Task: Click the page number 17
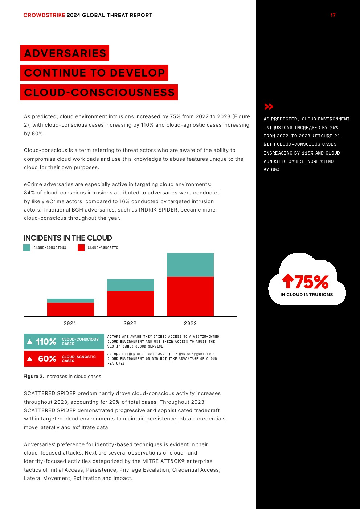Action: coord(333,15)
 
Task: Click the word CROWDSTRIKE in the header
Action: coord(44,15)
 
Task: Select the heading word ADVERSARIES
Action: coord(65,53)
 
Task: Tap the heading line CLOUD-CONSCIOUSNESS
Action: coord(99,93)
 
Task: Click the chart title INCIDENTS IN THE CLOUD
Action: coord(67,238)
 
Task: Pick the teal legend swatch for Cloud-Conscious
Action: coord(26,247)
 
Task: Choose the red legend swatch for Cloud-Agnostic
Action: coord(81,247)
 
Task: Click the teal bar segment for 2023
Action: coord(190,265)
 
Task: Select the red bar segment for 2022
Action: coord(130,303)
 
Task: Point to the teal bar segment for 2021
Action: coord(70,300)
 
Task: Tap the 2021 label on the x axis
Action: coord(70,323)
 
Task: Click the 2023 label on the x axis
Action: coord(190,323)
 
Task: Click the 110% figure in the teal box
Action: coord(46,342)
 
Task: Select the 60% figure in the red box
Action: coord(47,359)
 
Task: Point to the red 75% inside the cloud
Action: coord(311,282)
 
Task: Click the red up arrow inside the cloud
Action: coord(288,281)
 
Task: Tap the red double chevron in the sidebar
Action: coord(269,107)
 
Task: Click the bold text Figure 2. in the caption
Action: coord(33,376)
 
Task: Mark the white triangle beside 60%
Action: coord(30,359)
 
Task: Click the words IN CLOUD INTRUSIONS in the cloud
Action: coord(307,295)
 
